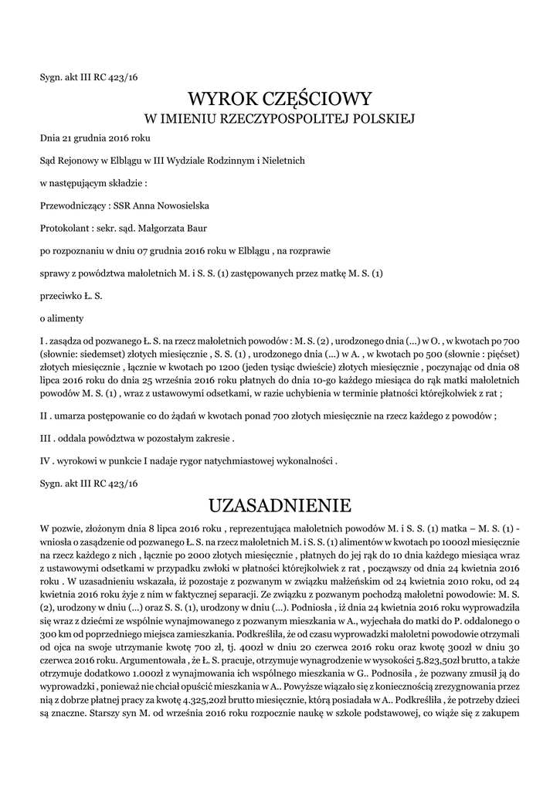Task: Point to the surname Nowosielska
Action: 180,205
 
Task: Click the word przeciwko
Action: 60,295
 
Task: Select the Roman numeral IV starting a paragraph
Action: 44,460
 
